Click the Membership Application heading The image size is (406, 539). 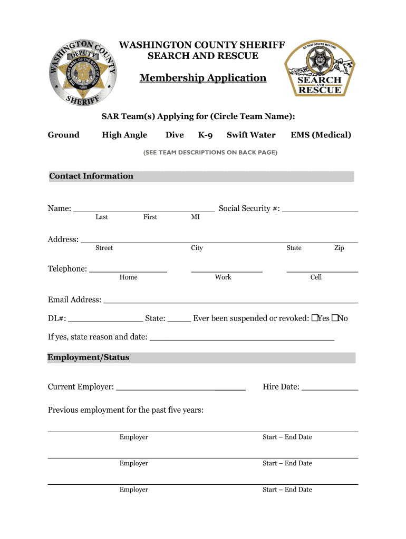(x=203, y=78)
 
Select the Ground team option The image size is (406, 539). (x=64, y=135)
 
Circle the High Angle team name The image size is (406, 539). (x=124, y=135)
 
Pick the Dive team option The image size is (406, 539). (x=175, y=135)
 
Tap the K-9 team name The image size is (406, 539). (x=205, y=135)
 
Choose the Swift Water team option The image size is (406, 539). (x=251, y=135)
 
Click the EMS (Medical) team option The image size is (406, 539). (x=321, y=135)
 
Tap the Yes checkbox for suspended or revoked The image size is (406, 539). (x=314, y=318)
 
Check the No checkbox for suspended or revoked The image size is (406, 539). (x=334, y=318)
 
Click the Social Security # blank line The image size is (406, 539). (x=320, y=209)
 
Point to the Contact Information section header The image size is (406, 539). (x=91, y=176)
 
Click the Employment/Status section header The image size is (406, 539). (x=89, y=357)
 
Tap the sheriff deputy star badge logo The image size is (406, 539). (x=82, y=72)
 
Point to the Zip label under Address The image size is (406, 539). (x=339, y=248)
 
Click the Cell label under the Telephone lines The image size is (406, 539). (x=316, y=277)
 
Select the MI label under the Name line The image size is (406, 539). (x=195, y=217)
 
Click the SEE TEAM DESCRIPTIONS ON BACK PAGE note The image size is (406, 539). (x=203, y=153)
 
